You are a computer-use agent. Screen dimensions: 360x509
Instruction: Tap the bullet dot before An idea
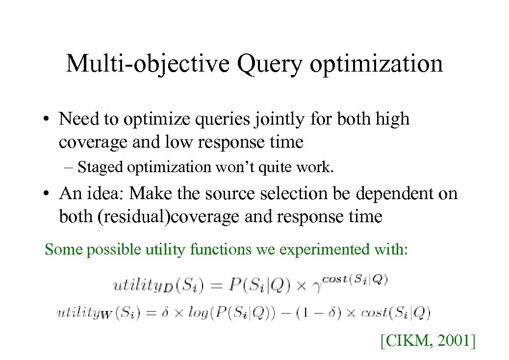46,194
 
